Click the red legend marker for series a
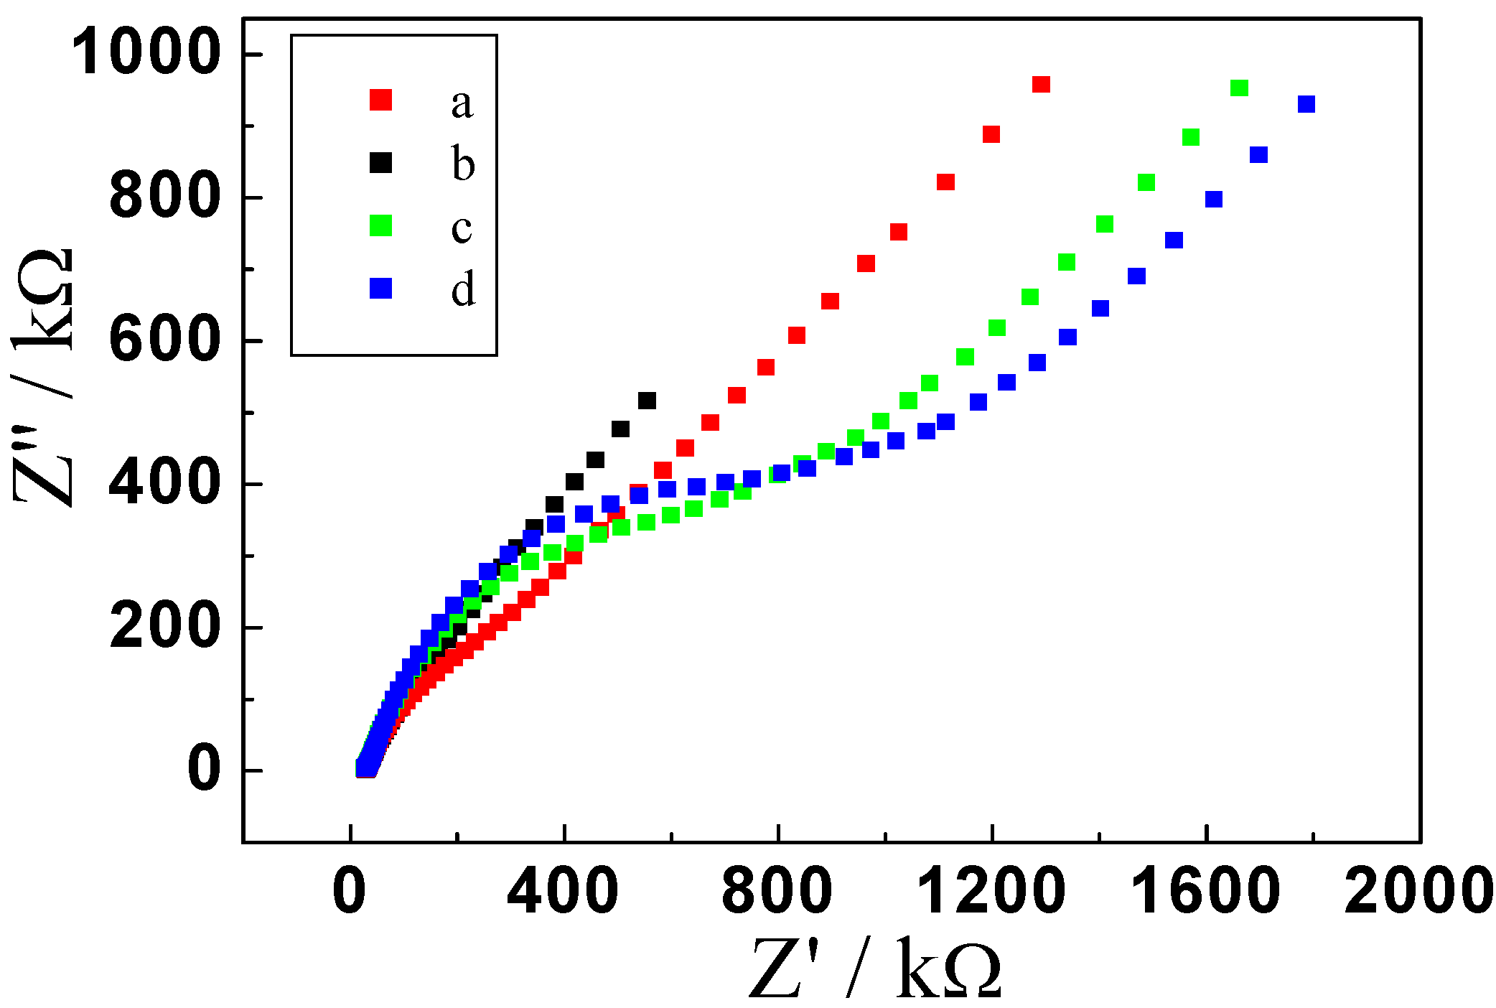point(380,100)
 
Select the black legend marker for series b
point(380,163)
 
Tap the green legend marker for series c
point(380,225)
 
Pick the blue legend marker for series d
point(380,289)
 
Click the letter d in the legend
point(463,289)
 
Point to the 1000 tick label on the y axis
point(145,52)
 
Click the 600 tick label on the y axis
point(164,340)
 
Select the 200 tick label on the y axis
point(164,627)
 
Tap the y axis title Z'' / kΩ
point(45,377)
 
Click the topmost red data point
point(1041,85)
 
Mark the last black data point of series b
point(647,401)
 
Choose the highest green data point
point(1239,88)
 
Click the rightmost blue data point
point(1306,104)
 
